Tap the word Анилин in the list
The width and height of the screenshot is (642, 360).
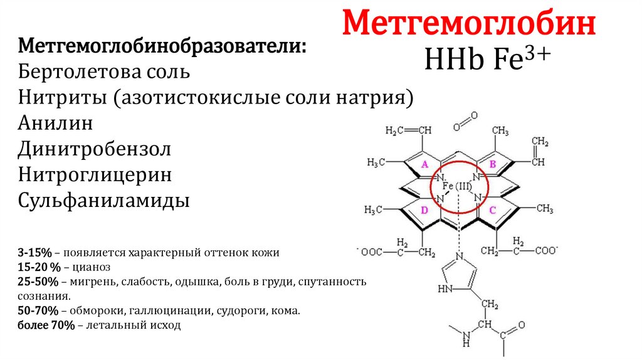[x=56, y=123]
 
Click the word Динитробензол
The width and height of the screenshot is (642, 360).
[x=94, y=149]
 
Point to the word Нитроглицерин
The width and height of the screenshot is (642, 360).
[x=95, y=176]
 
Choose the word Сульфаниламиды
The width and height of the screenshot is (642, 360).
[x=104, y=201]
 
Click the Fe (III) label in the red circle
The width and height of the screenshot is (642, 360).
[x=456, y=186]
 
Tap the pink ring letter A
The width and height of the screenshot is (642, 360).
[x=424, y=164]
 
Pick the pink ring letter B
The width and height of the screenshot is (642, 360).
[x=492, y=164]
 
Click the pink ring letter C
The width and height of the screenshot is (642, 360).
[x=492, y=210]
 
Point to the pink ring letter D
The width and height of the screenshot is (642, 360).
[x=424, y=210]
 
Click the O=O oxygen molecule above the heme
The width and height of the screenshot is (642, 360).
[x=465, y=120]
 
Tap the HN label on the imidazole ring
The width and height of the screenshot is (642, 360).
[x=445, y=290]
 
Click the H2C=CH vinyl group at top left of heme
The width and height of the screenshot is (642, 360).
[x=408, y=130]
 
